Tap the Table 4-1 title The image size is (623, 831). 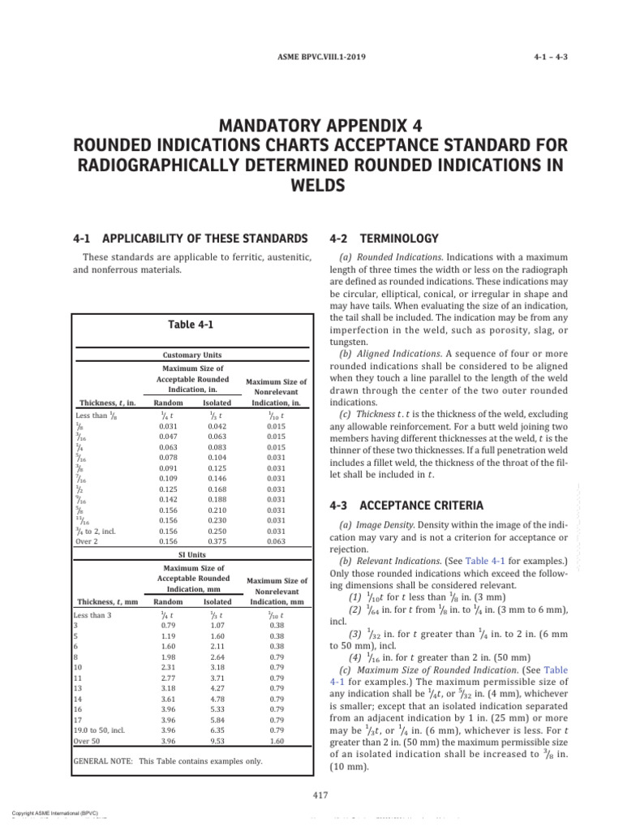(191, 324)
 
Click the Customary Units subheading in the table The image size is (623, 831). (191, 355)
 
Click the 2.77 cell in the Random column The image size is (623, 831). (168, 653)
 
